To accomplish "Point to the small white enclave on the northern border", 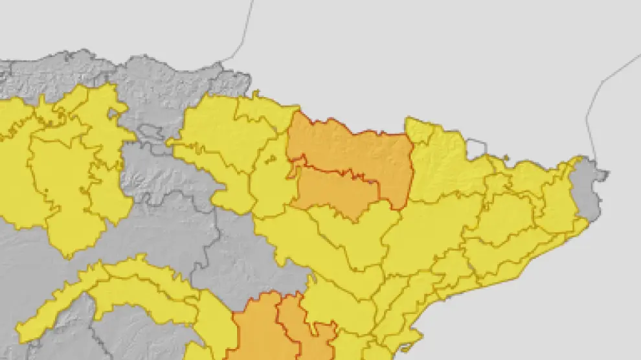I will point(476,148).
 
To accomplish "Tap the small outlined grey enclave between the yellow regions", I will point(153,132).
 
